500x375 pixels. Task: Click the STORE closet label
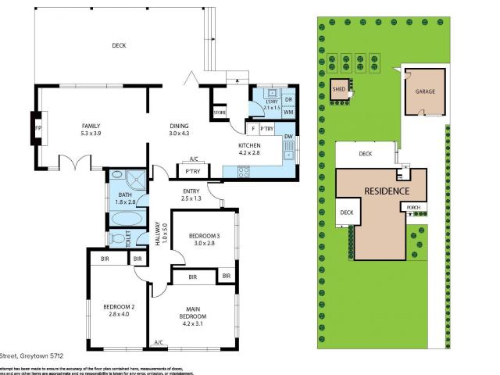point(220,114)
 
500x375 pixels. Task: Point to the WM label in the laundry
point(288,113)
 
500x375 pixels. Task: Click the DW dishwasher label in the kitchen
point(288,137)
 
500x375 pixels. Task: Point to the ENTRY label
point(191,191)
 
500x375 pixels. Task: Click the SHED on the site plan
point(339,90)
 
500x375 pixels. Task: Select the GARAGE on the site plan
point(425,91)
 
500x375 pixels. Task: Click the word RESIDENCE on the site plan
point(386,191)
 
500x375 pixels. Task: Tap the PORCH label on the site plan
point(413,208)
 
